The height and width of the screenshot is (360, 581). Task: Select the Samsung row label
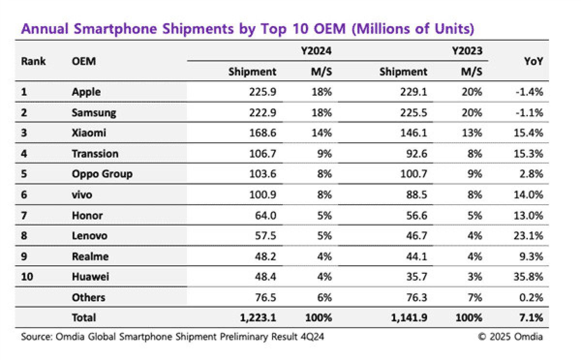point(94,113)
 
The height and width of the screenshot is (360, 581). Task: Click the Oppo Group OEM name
point(102,174)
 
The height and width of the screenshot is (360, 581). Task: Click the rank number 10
point(27,277)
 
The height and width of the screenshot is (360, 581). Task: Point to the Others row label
point(88,298)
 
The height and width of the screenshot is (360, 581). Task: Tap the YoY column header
point(533,61)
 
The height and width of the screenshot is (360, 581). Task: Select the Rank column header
point(33,61)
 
